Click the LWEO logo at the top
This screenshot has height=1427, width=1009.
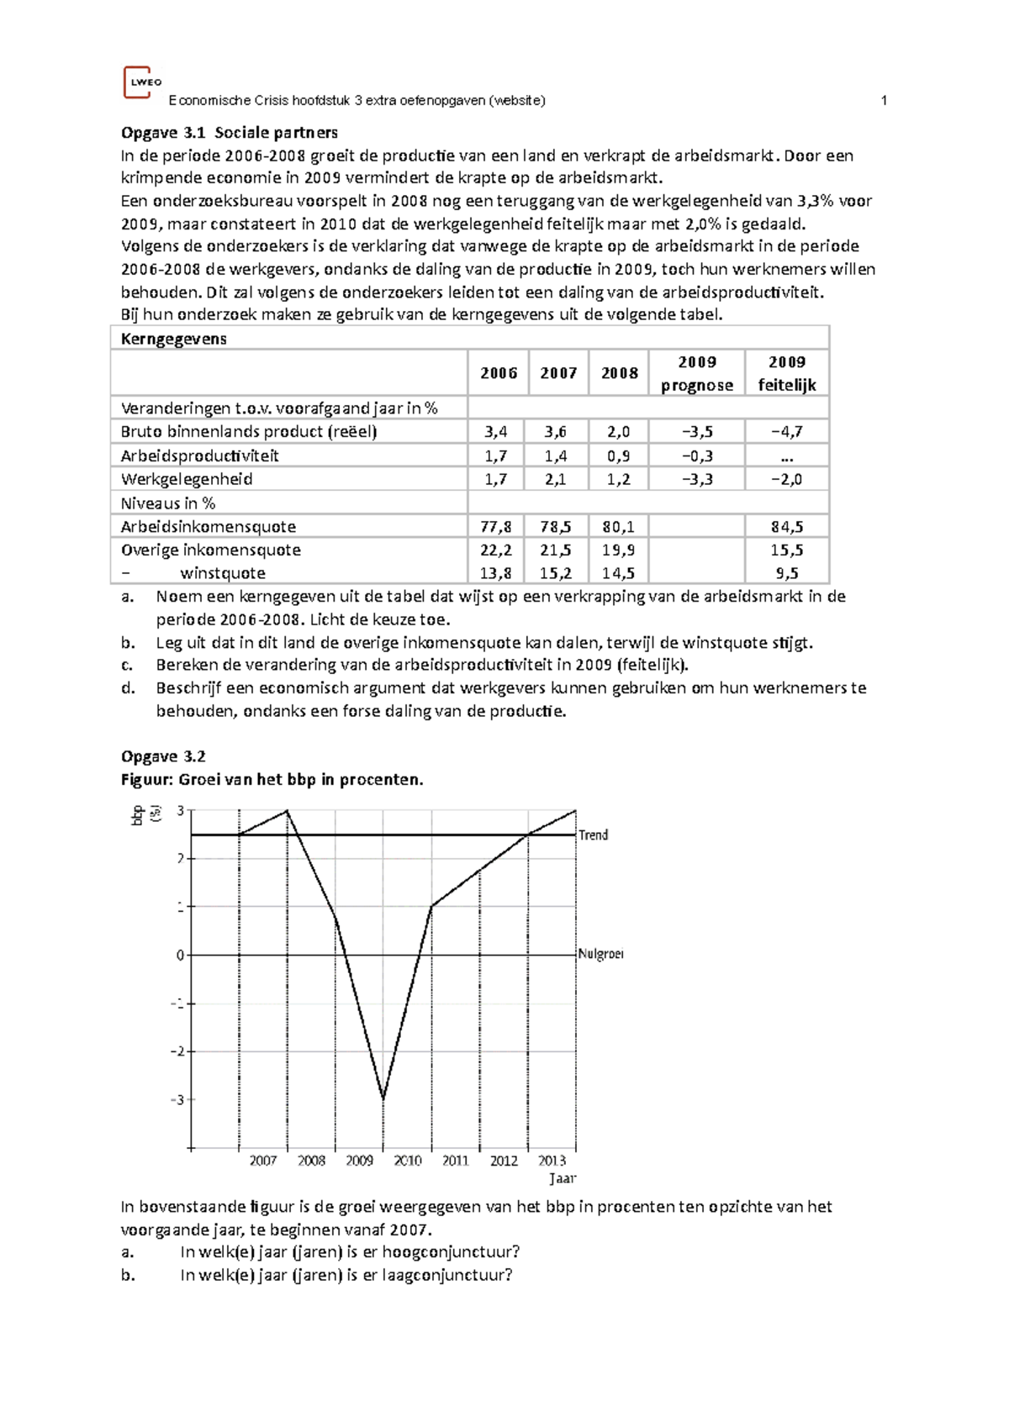pyautogui.click(x=140, y=82)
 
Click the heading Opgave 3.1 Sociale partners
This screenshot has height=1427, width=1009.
pyautogui.click(x=230, y=132)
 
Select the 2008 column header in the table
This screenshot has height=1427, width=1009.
pyautogui.click(x=620, y=373)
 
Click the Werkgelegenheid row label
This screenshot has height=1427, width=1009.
pyautogui.click(x=187, y=479)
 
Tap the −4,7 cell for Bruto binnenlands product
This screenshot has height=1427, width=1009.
pyautogui.click(x=786, y=432)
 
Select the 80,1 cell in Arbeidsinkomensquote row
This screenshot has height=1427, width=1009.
pyautogui.click(x=619, y=527)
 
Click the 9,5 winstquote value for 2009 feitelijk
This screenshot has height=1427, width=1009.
pyautogui.click(x=786, y=573)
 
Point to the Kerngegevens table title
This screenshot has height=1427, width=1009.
pyautogui.click(x=174, y=339)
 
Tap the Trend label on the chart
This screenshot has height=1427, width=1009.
pyautogui.click(x=593, y=835)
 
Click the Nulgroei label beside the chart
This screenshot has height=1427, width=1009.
pyautogui.click(x=600, y=954)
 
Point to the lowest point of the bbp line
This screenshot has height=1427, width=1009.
pyautogui.click(x=383, y=1098)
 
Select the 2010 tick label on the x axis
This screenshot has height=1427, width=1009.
pyautogui.click(x=408, y=1161)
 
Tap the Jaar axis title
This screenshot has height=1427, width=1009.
pyautogui.click(x=563, y=1178)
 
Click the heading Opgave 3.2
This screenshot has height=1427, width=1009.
pyautogui.click(x=163, y=756)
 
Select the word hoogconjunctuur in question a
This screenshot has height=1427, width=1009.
pyautogui.click(x=450, y=1251)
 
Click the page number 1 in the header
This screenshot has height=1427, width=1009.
pyautogui.click(x=884, y=101)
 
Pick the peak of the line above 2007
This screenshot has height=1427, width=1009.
pyautogui.click(x=287, y=810)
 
